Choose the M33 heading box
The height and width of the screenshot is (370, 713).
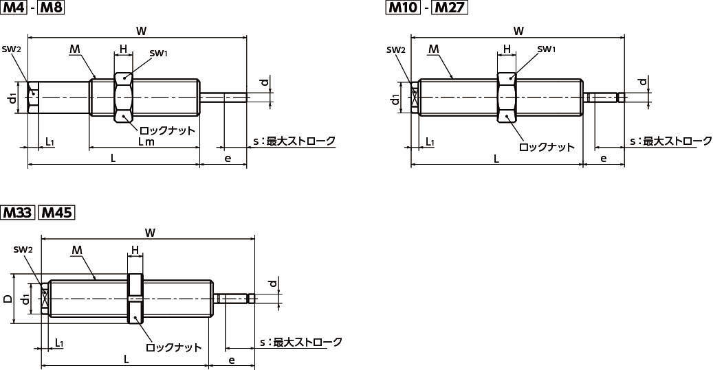point(17,212)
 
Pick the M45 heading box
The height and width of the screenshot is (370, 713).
point(56,212)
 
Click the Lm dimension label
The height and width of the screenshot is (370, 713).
point(146,141)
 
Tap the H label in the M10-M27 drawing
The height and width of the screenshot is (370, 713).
point(507,49)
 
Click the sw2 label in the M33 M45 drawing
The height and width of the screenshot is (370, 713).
point(23,250)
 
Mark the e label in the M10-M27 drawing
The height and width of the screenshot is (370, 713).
point(603,159)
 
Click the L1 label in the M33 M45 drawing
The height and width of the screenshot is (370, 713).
point(60,342)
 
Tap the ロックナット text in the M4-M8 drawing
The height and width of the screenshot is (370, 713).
point(167,130)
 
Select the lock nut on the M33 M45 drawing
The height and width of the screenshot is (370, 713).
point(135,299)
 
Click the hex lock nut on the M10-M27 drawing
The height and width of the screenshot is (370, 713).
point(506,97)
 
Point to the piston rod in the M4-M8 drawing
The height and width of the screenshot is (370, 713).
point(223,97)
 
